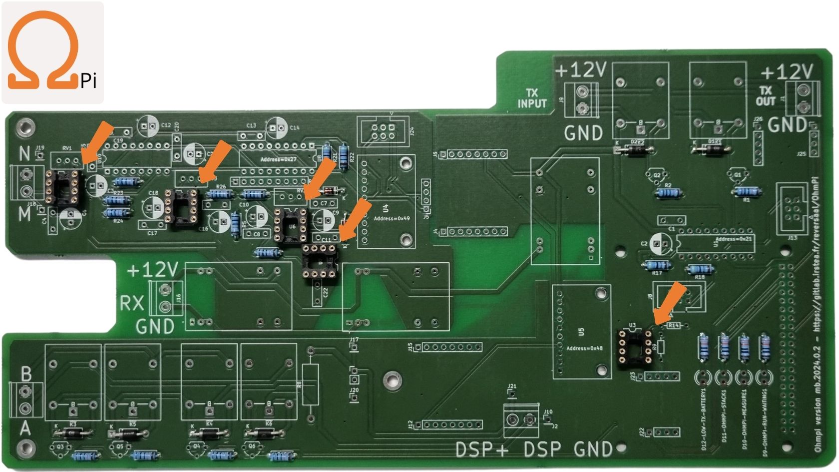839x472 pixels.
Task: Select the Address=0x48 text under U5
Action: click(x=582, y=348)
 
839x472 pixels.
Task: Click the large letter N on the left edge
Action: click(x=24, y=153)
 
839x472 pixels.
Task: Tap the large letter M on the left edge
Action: click(x=24, y=215)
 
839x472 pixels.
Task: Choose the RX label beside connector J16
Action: click(x=131, y=303)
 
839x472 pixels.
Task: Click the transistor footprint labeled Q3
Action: click(x=61, y=448)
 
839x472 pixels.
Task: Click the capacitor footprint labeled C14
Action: click(x=275, y=128)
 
